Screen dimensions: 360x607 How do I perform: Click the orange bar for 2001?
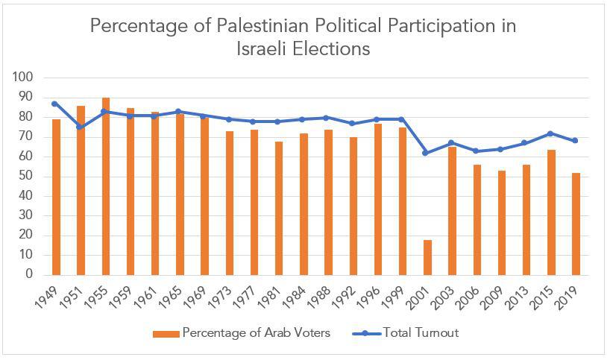427,257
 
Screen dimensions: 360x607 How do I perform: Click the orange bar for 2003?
452,211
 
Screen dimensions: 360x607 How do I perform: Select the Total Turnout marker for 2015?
550,133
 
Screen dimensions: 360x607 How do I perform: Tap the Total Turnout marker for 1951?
81,127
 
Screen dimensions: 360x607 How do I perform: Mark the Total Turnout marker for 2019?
575,141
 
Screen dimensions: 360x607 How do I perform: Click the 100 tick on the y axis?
24,78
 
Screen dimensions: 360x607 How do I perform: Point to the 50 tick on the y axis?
27,177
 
